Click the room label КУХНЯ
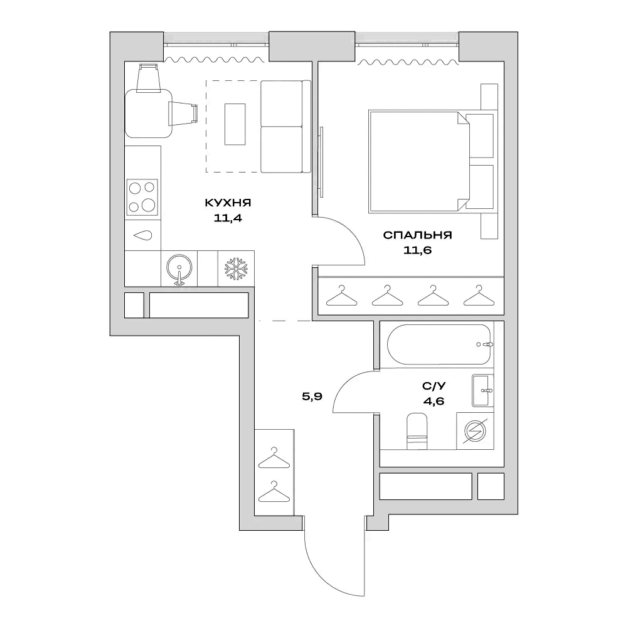(x=228, y=203)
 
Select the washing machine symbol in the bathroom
(x=475, y=431)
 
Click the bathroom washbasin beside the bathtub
(x=482, y=390)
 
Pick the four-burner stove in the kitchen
(x=142, y=196)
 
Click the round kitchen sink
(x=179, y=268)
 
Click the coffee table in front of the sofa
(x=235, y=124)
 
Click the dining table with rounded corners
(x=148, y=113)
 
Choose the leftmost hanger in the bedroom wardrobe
(x=341, y=295)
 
